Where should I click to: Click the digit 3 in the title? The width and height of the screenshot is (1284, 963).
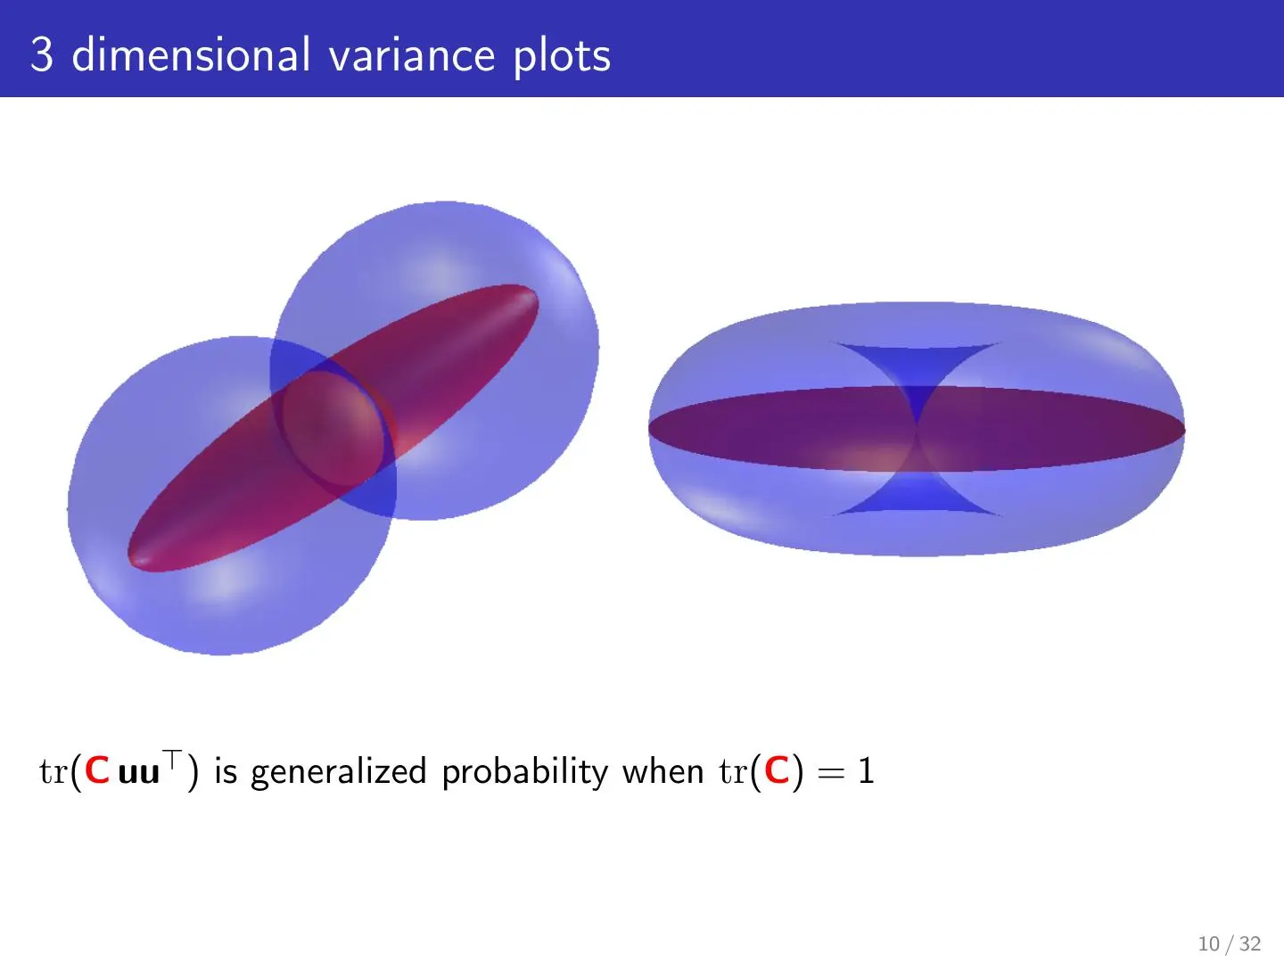(x=42, y=54)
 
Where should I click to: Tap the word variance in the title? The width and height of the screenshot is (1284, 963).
(x=413, y=55)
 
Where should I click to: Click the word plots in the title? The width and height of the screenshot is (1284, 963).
(x=562, y=56)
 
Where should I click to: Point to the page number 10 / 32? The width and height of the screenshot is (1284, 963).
(x=1230, y=943)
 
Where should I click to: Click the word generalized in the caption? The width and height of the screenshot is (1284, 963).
(x=339, y=772)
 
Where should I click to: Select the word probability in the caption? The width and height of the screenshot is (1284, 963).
(x=525, y=772)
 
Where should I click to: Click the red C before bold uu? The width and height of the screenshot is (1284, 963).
(x=97, y=770)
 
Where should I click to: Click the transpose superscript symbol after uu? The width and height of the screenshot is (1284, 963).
(x=173, y=758)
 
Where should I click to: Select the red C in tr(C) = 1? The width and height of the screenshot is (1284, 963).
(x=778, y=770)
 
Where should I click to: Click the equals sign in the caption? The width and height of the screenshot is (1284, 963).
(x=831, y=773)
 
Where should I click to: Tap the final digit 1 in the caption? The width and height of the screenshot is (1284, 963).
(x=866, y=770)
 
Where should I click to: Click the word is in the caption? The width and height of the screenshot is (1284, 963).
(x=226, y=770)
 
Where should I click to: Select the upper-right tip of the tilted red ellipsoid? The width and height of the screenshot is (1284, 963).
(x=535, y=292)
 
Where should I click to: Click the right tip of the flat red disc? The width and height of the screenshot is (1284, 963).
(x=1184, y=431)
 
